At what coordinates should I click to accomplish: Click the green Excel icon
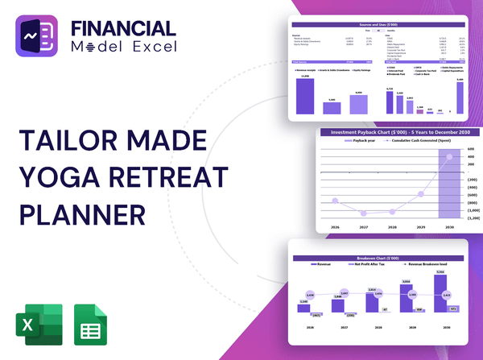click(36, 325)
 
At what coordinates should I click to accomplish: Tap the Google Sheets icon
click(89, 325)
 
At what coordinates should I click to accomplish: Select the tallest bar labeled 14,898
click(305, 96)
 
